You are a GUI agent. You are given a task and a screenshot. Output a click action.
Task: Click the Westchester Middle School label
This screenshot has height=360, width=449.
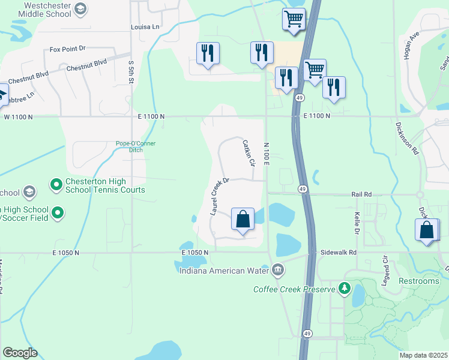(x=38, y=10)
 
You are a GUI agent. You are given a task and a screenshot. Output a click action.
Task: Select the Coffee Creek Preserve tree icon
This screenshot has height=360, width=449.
(x=345, y=289)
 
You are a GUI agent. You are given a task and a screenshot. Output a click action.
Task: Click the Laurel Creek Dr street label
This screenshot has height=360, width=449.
(x=220, y=196)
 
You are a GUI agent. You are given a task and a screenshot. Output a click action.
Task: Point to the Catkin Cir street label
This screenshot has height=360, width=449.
(x=249, y=154)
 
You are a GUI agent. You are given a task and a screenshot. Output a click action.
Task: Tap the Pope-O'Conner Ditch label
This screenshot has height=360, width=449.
(x=137, y=146)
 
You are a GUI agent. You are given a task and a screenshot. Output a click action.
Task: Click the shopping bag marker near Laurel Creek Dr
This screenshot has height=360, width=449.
(x=243, y=219)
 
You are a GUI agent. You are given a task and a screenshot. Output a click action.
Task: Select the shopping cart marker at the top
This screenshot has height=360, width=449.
(x=294, y=19)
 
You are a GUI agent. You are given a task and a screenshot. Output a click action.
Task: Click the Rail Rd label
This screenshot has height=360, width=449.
(x=362, y=194)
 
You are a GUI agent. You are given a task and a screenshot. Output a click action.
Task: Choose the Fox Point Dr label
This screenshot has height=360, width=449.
(x=68, y=49)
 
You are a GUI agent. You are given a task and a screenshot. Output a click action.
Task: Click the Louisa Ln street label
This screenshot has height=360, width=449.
(x=145, y=27)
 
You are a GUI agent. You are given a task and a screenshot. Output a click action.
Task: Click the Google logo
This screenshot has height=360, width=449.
(x=20, y=353)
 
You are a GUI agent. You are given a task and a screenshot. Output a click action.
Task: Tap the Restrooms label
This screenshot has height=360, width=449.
(x=418, y=281)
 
